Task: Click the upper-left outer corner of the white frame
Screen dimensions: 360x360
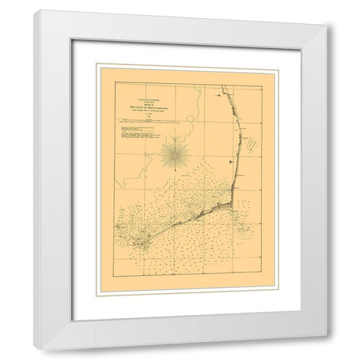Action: [x=34, y=10]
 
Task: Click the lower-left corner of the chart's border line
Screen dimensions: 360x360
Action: [x=115, y=280]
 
